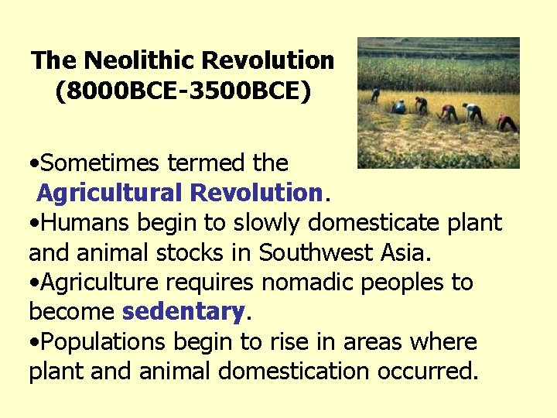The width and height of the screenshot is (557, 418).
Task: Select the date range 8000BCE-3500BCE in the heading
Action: click(x=183, y=91)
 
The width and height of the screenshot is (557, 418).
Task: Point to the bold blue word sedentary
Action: click(x=183, y=312)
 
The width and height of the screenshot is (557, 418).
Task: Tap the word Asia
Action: click(x=407, y=252)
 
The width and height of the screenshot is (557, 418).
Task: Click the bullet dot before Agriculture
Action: click(x=35, y=283)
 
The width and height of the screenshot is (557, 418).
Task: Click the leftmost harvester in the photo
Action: click(x=375, y=95)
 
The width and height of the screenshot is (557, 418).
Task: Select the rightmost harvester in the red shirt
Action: click(x=507, y=122)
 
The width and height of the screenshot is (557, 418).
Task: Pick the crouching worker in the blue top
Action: click(x=398, y=107)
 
